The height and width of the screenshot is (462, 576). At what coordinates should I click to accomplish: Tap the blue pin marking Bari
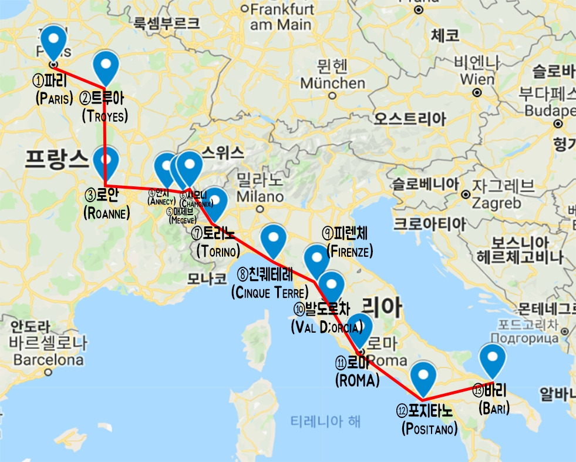point(492,359)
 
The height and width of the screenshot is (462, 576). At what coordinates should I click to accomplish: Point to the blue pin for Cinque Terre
point(273,239)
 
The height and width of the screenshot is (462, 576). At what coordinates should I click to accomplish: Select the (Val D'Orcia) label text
point(326,326)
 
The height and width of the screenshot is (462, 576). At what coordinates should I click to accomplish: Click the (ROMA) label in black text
point(357,381)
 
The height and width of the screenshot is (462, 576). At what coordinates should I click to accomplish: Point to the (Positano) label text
point(429,429)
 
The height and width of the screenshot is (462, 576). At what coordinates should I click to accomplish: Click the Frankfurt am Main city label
point(280,17)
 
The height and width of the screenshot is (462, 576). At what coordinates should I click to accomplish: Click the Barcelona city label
point(48,359)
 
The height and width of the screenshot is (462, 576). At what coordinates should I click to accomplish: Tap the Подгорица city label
point(527,339)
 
